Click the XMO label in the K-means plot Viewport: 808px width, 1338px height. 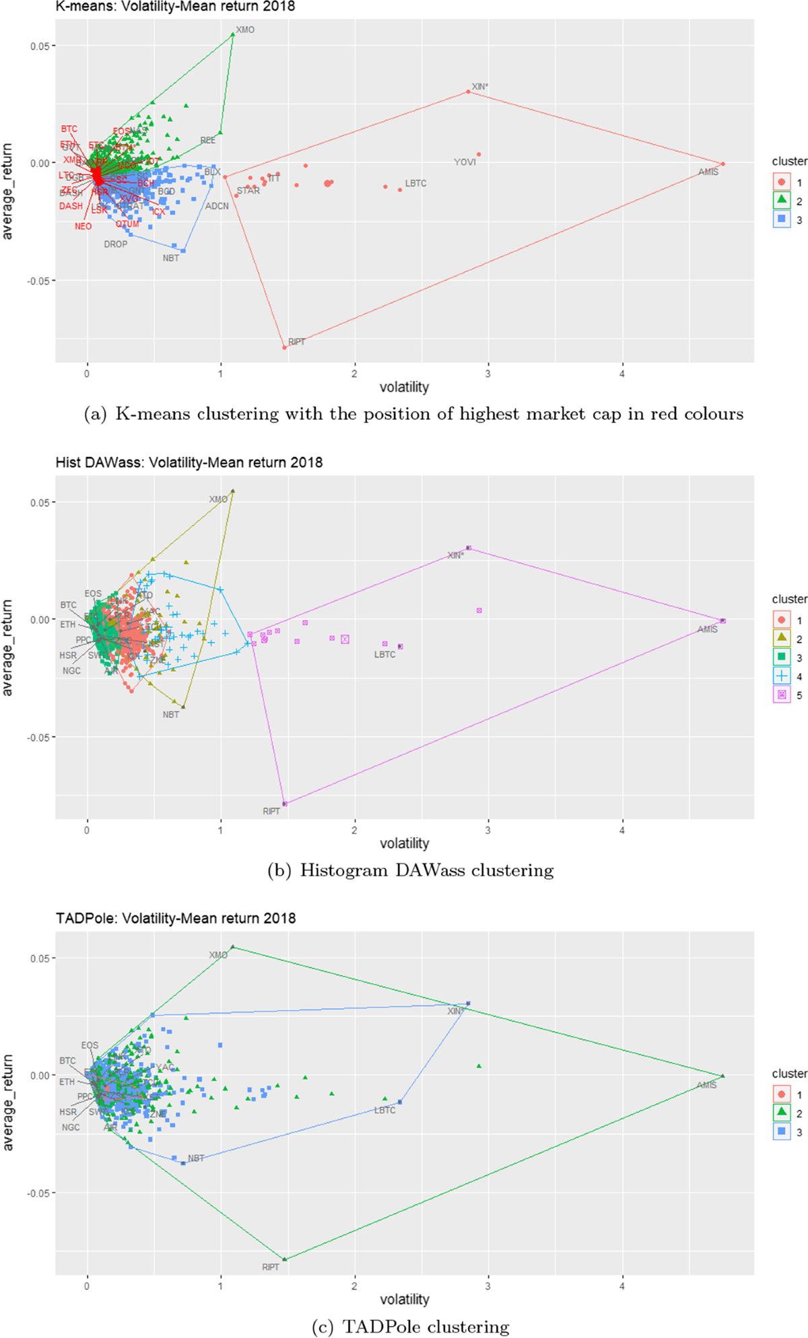point(245,30)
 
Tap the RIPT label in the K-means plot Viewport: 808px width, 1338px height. point(296,342)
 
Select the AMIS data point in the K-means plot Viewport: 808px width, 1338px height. point(722,164)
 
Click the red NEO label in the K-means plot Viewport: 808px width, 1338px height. point(83,227)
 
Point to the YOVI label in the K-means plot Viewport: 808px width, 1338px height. point(465,162)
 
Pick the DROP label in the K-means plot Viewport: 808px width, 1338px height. point(115,244)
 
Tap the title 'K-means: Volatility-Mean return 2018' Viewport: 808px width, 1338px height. point(175,7)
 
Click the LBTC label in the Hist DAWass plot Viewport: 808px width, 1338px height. point(384,655)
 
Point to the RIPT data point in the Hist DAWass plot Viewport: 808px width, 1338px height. point(285,804)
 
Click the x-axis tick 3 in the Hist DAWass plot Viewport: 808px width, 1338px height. point(488,830)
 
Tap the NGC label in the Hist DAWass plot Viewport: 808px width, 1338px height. point(71,671)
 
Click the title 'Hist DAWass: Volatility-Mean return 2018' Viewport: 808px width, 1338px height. point(189,462)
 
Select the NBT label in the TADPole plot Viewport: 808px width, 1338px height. point(196,1158)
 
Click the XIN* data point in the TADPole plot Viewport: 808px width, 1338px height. point(468,1003)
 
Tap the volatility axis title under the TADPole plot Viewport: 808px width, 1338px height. point(404,1299)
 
